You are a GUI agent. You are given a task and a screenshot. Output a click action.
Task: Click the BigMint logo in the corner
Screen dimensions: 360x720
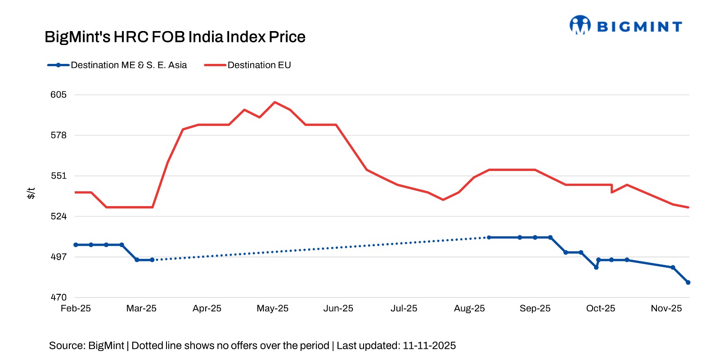coord(625,26)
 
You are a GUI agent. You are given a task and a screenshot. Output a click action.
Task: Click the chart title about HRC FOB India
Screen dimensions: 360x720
coord(175,37)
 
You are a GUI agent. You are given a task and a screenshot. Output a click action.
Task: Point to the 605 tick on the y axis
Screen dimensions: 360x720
coord(58,94)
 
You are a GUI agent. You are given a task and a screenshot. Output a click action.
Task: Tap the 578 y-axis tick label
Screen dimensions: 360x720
coord(58,135)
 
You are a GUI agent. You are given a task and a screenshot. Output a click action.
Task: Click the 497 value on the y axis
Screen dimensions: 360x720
coord(58,257)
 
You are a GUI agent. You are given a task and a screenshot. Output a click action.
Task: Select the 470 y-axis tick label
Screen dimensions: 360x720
coord(58,297)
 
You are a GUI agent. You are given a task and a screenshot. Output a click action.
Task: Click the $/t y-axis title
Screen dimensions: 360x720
coord(31,193)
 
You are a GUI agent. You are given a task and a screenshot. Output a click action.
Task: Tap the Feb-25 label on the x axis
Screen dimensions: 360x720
coord(76,309)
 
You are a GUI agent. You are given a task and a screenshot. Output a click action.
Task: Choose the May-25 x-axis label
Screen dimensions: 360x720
coord(273,309)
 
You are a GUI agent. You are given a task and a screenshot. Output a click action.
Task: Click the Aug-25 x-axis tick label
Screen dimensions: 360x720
coord(469,309)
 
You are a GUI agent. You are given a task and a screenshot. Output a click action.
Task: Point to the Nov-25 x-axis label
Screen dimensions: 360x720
coord(666,309)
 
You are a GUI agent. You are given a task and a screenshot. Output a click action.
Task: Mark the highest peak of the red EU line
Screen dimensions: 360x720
coord(275,102)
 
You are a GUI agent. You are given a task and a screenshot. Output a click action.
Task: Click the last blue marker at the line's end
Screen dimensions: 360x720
coord(688,283)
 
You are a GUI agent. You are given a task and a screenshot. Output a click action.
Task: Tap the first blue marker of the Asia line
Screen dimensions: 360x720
coord(76,245)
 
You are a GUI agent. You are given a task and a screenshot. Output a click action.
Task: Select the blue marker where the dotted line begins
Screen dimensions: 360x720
coord(152,260)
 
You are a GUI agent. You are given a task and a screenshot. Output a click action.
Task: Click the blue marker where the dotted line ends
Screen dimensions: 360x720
coord(489,237)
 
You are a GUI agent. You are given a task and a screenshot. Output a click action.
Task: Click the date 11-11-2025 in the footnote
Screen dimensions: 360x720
coord(429,346)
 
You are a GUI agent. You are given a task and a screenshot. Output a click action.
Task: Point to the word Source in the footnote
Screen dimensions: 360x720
coord(67,346)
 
